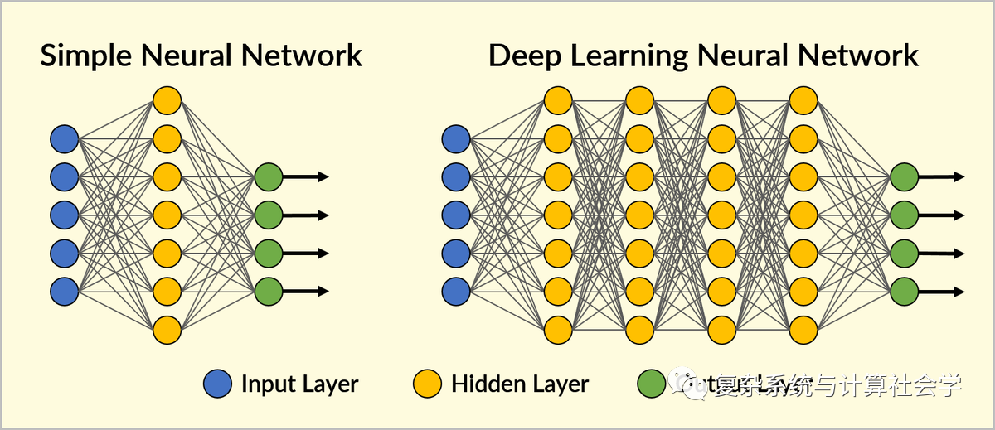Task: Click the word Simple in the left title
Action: [x=86, y=56]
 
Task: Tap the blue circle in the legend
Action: [x=217, y=384]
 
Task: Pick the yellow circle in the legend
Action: [x=428, y=384]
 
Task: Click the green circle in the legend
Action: [x=651, y=384]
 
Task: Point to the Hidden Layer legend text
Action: [x=520, y=384]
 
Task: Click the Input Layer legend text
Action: [x=299, y=384]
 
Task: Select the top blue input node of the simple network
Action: [x=64, y=138]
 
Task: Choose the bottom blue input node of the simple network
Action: [x=64, y=291]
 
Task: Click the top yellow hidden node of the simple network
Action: [x=167, y=100]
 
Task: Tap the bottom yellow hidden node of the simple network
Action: [x=167, y=329]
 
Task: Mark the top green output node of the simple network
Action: [x=269, y=176]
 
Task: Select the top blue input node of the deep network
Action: [x=455, y=138]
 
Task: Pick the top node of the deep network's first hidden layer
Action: [x=558, y=100]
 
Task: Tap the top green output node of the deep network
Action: [x=904, y=176]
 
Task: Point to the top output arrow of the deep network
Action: [x=940, y=176]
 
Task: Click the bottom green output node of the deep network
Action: [x=904, y=291]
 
